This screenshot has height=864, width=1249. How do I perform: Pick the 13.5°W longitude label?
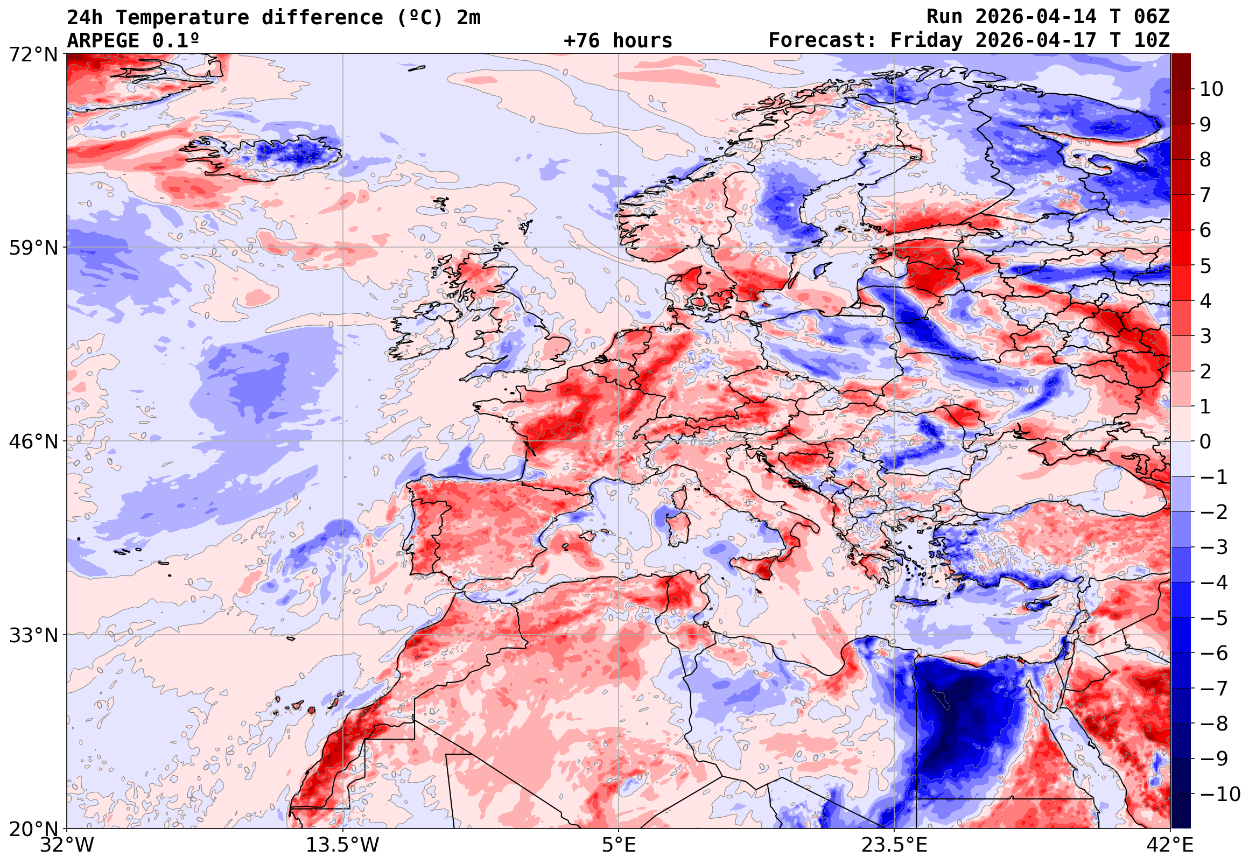click(x=343, y=845)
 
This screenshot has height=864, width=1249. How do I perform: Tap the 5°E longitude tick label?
click(x=619, y=845)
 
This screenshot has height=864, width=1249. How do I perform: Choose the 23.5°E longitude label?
click(x=894, y=845)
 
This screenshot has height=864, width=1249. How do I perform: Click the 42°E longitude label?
click(x=1169, y=845)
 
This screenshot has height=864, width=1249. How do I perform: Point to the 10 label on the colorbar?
click(x=1211, y=89)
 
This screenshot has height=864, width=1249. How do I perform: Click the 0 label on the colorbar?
click(x=1205, y=442)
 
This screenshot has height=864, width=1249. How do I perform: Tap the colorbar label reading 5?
click(x=1205, y=266)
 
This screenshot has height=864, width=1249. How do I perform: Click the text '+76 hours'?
click(x=618, y=40)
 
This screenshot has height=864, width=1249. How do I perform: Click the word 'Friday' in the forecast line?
click(x=927, y=40)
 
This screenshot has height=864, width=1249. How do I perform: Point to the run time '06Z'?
click(x=1152, y=17)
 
